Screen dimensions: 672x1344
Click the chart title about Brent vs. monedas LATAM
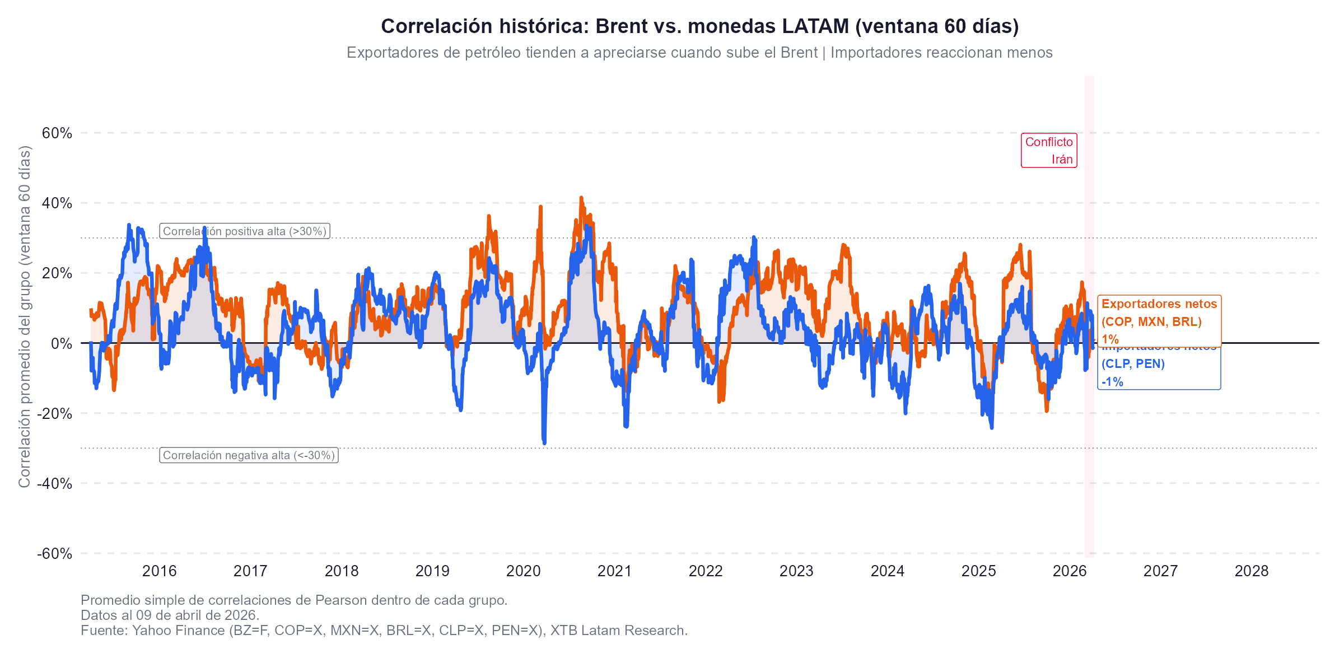699,26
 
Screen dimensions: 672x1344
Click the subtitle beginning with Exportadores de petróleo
699,53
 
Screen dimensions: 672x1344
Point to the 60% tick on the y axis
57,133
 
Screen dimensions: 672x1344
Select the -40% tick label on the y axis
55,484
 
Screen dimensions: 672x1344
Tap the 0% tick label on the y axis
62,344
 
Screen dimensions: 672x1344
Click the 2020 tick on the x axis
523,571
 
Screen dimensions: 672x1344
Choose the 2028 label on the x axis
1252,571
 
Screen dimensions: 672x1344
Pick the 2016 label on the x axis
159,571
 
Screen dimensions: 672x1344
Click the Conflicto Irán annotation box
1049,151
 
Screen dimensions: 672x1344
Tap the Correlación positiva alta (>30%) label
245,231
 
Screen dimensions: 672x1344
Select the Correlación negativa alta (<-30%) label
249,455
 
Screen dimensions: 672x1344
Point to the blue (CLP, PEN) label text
1133,364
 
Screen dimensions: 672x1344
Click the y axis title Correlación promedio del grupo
24,316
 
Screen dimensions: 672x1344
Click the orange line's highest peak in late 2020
581,198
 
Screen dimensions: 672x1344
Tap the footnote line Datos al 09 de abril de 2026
170,615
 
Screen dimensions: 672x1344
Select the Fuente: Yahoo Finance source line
384,631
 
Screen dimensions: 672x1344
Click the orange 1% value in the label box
1110,339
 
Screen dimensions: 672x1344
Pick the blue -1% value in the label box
1112,382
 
